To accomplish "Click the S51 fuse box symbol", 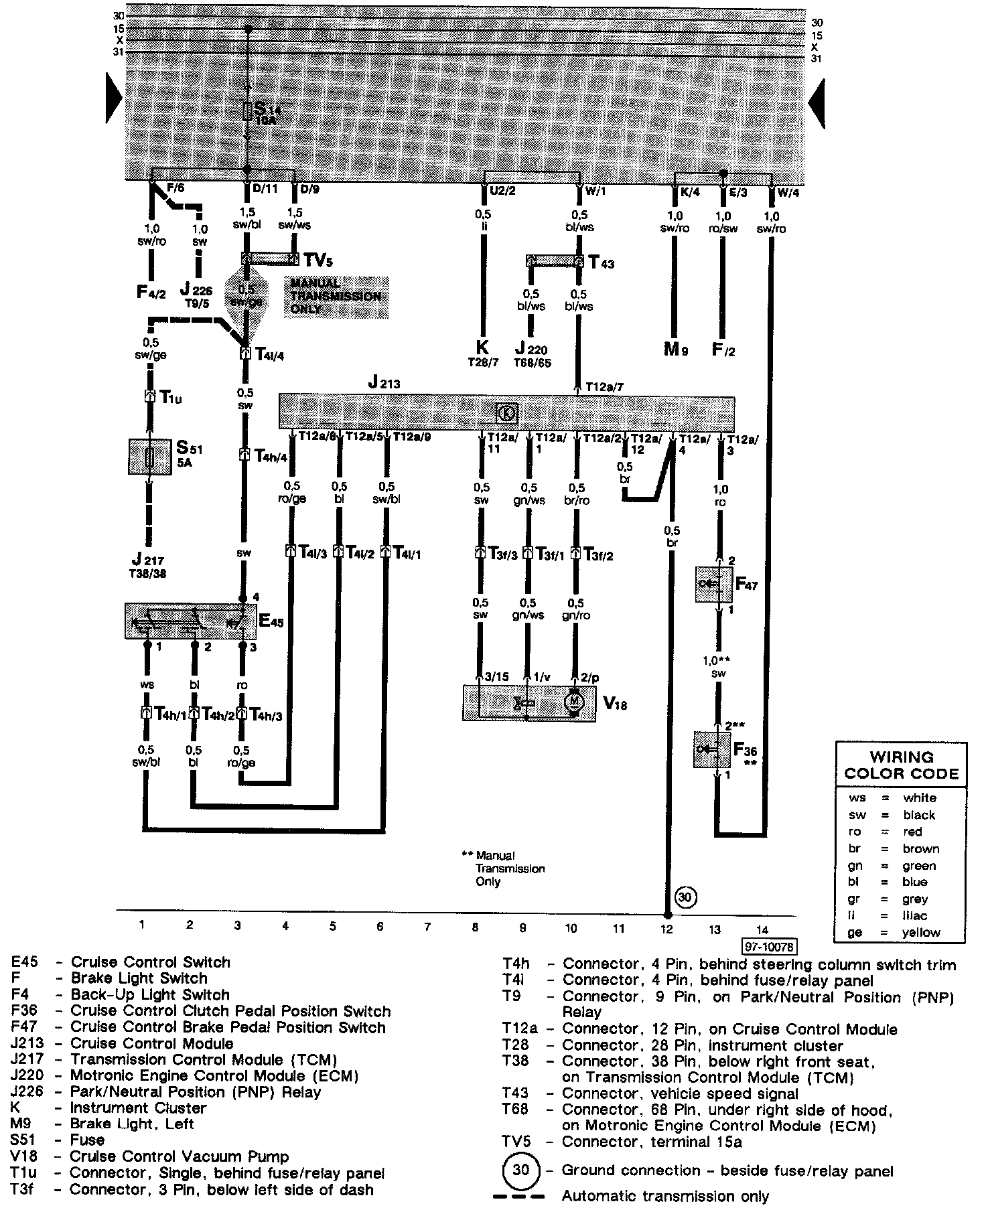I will point(149,457).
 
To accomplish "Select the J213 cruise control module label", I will point(384,384).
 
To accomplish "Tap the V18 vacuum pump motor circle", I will point(574,702).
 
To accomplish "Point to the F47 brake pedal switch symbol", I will point(713,584).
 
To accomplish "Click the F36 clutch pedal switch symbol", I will point(712,749).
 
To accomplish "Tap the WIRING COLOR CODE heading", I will point(902,766).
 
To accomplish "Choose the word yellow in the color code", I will point(921,932).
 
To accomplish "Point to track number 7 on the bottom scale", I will point(427,927).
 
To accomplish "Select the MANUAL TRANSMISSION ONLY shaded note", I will point(336,296).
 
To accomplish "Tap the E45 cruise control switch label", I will point(271,622).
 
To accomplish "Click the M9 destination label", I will point(675,350).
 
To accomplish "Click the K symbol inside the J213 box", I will point(507,413).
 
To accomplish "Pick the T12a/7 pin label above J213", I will point(605,387).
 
